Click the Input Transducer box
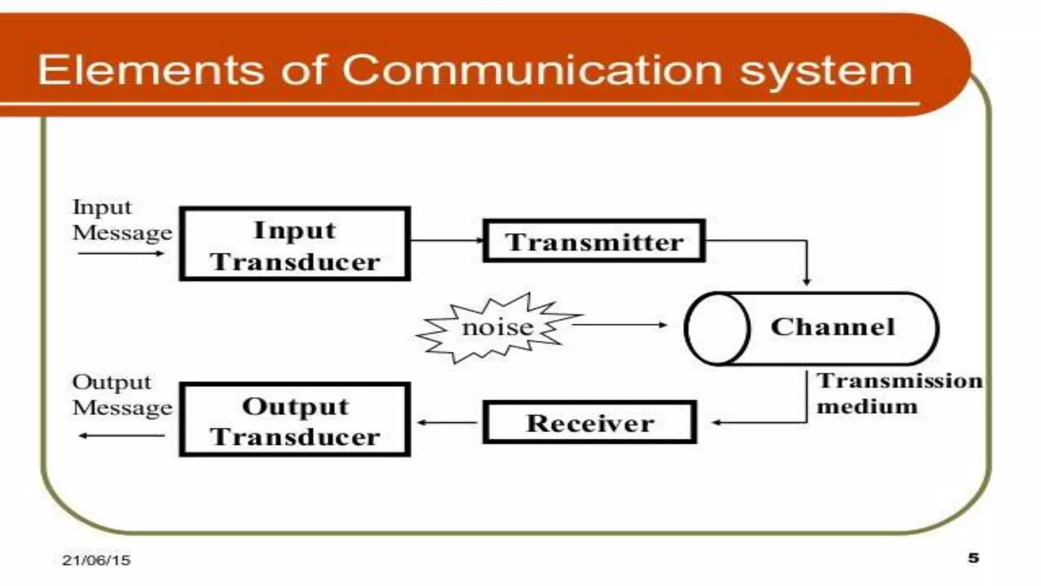(x=295, y=244)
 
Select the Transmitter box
(x=594, y=241)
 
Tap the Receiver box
(x=590, y=422)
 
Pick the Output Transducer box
(x=295, y=420)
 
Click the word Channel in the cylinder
(x=833, y=327)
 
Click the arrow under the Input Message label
(x=121, y=253)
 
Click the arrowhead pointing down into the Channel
(x=807, y=281)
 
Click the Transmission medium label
(x=899, y=393)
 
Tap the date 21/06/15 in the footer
(x=96, y=560)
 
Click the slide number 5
(x=973, y=558)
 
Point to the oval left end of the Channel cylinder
(x=717, y=329)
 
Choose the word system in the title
(x=825, y=71)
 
